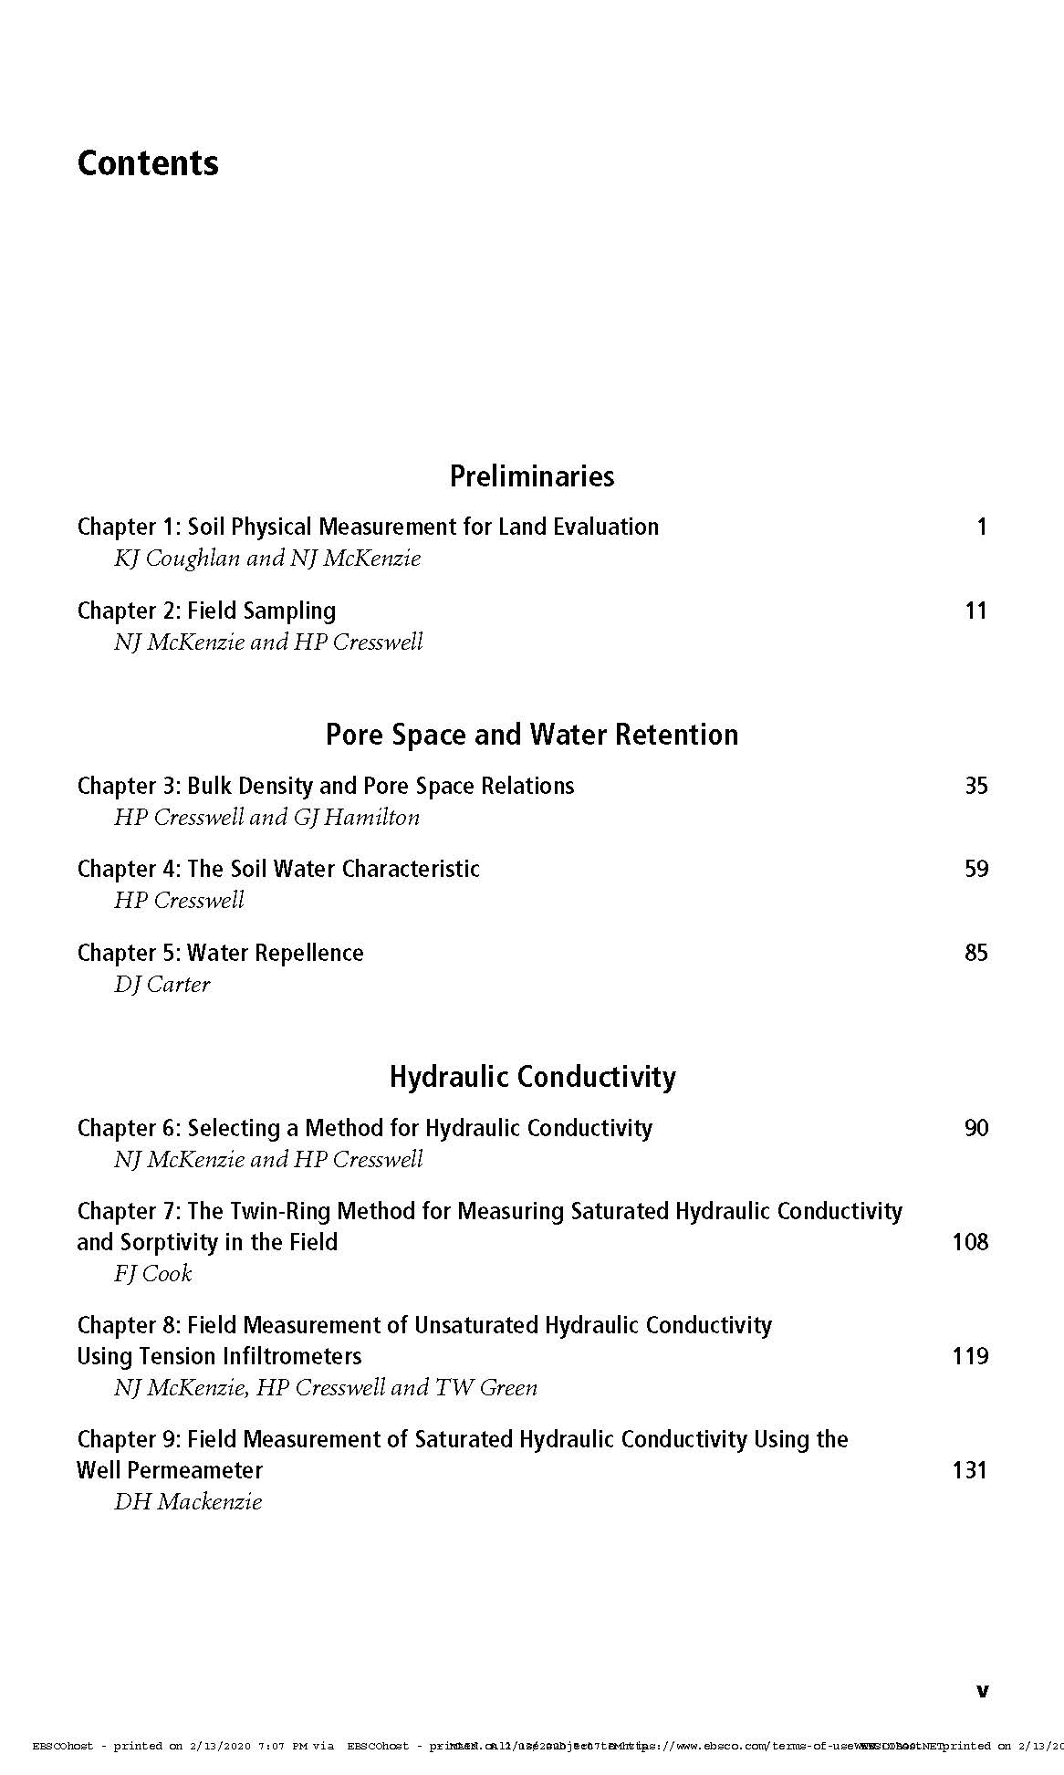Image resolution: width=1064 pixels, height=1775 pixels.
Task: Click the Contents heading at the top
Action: click(148, 163)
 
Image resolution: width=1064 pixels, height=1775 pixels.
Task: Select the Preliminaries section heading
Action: click(532, 475)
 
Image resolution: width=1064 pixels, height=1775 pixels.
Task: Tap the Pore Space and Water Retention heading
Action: click(532, 735)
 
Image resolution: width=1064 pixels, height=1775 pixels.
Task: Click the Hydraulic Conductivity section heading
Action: click(532, 1077)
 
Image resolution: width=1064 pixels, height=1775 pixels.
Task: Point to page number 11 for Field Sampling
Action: click(975, 611)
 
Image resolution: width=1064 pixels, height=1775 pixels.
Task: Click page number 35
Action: click(975, 786)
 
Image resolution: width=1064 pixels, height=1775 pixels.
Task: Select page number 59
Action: click(975, 869)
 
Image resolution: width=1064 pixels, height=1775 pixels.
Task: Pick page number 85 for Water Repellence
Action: click(975, 953)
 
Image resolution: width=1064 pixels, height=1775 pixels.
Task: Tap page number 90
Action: click(975, 1128)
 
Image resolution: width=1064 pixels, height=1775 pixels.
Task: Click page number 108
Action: click(970, 1242)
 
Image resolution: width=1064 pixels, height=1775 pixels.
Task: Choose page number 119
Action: click(970, 1356)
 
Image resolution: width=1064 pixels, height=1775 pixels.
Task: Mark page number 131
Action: click(970, 1470)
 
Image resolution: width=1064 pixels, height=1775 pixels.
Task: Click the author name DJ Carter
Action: click(162, 984)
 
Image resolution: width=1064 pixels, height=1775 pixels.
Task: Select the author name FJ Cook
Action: click(152, 1273)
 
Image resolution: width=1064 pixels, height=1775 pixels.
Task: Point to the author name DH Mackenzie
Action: click(187, 1501)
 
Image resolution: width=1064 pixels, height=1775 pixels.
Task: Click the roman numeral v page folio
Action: click(982, 1691)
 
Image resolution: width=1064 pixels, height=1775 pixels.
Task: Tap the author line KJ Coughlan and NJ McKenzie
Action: click(266, 558)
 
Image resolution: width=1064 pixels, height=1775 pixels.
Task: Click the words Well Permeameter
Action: click(170, 1470)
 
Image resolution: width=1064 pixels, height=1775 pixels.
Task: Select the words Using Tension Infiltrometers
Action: click(219, 1356)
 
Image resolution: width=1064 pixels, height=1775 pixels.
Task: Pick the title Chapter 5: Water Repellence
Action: click(220, 953)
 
